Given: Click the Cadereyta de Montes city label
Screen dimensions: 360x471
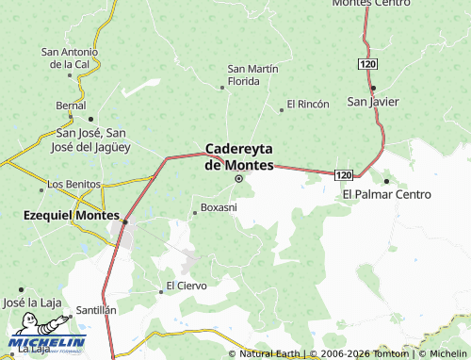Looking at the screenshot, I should click(x=239, y=156).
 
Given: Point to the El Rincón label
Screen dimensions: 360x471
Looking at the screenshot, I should click(x=308, y=103).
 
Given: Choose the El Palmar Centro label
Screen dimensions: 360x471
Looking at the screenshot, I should click(x=386, y=194).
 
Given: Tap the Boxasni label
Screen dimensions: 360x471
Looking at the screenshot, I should click(x=219, y=206).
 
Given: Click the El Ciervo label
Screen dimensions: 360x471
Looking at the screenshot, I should click(x=186, y=285).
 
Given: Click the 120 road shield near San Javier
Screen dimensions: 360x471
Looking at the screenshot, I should click(x=367, y=62).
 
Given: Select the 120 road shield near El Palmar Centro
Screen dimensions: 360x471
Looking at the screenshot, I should click(x=344, y=175).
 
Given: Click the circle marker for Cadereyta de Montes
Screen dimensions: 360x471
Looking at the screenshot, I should click(x=238, y=178).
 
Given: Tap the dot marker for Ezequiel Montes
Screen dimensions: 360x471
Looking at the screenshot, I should click(x=124, y=223).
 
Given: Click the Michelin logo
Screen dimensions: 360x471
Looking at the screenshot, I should click(x=47, y=343).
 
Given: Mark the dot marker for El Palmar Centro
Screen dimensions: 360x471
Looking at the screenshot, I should click(x=386, y=181).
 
